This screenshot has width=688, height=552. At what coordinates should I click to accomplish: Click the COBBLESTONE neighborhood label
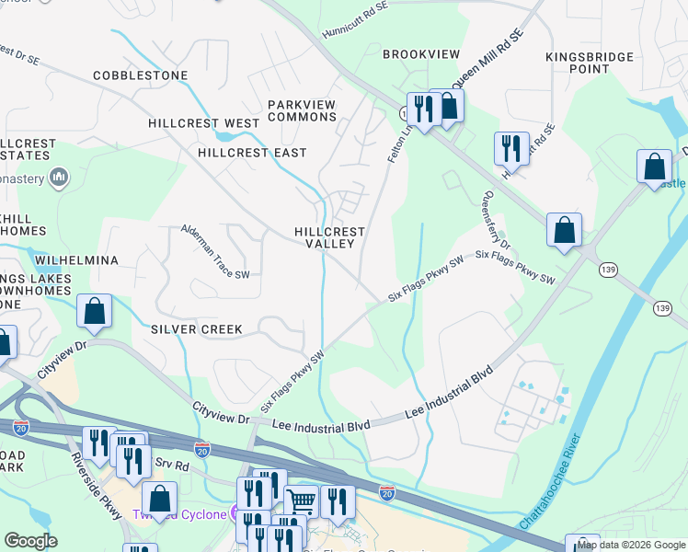[x=140, y=75]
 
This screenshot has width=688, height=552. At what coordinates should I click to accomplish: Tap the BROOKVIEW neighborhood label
[x=420, y=55]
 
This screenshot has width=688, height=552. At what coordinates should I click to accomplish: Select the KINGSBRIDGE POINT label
[x=590, y=63]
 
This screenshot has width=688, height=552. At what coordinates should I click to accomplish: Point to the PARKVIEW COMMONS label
[x=303, y=111]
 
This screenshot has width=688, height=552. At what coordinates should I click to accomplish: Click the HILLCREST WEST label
[x=203, y=123]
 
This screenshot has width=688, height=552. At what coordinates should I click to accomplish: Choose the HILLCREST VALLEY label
[x=329, y=238]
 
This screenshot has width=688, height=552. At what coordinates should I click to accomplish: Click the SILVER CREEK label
[x=196, y=329]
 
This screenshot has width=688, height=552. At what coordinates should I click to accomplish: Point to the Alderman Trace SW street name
[x=215, y=251]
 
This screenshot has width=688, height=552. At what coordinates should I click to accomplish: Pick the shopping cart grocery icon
[x=301, y=500]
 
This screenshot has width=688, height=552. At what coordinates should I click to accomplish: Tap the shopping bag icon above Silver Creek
[x=95, y=312]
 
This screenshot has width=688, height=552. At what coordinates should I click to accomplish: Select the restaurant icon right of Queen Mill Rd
[x=510, y=147]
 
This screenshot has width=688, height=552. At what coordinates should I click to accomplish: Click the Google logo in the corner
[x=30, y=541]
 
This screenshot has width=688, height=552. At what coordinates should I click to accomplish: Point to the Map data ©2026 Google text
[x=631, y=545]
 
